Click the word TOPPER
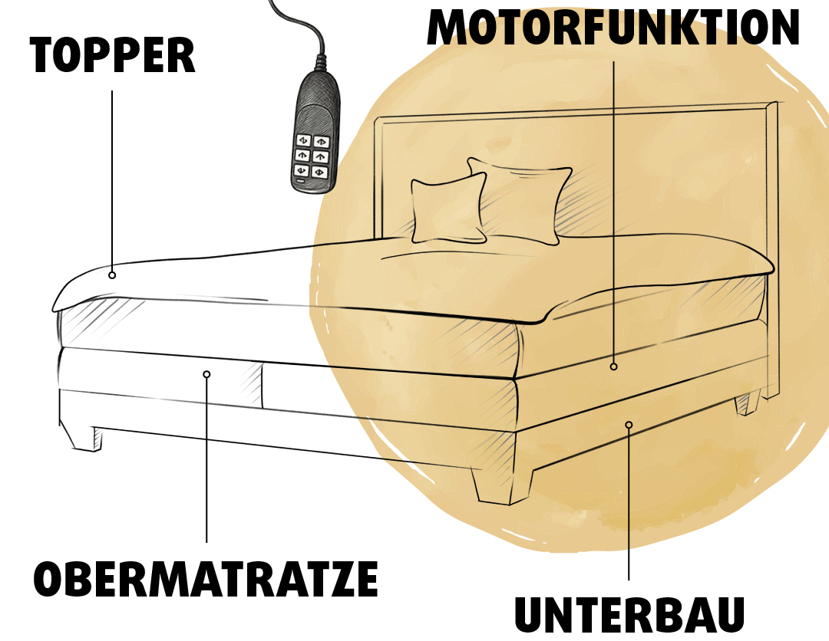click(x=113, y=55)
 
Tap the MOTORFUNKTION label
click(x=613, y=28)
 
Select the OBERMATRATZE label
click(x=206, y=578)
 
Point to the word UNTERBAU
click(x=629, y=614)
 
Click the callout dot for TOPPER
click(x=112, y=275)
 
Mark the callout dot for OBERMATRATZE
click(x=206, y=374)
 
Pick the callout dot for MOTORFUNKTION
click(x=614, y=367)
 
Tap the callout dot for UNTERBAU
click(x=629, y=425)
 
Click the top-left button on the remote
click(x=303, y=140)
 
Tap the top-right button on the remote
click(x=322, y=142)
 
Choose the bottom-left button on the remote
click(x=301, y=170)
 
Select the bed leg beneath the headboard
click(x=747, y=403)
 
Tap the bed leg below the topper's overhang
click(x=82, y=436)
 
